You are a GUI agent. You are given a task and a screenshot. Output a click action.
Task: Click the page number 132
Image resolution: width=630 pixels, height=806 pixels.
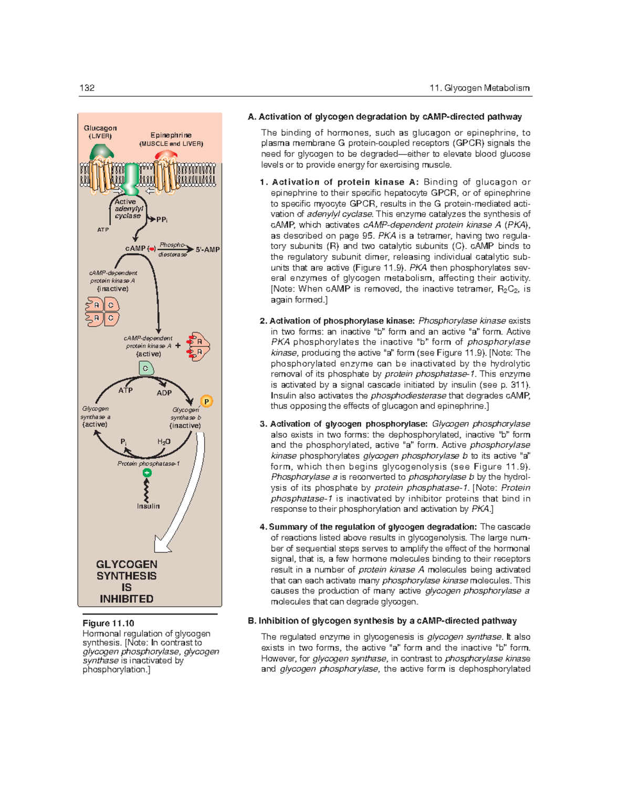click(x=87, y=88)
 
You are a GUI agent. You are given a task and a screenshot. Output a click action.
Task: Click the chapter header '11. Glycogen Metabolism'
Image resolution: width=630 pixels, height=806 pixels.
click(x=479, y=88)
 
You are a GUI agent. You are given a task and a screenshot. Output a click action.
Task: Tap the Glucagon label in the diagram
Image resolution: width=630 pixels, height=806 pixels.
click(x=100, y=128)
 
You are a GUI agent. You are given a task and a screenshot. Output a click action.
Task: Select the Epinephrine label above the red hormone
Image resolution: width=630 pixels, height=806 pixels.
click(x=171, y=135)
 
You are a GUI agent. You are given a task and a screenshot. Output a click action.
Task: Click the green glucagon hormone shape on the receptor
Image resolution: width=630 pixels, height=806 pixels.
click(x=101, y=152)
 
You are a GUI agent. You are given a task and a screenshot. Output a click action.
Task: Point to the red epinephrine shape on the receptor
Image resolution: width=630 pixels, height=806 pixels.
click(x=166, y=155)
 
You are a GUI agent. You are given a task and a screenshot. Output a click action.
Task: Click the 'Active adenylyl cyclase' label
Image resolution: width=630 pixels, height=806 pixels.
click(x=128, y=209)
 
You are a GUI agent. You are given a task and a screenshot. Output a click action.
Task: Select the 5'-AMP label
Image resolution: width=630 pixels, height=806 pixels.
click(x=207, y=250)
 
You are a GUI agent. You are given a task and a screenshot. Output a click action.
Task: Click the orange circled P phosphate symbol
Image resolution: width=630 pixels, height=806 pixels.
click(x=207, y=402)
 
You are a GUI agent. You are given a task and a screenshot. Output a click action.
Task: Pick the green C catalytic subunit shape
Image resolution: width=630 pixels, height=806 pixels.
click(x=146, y=369)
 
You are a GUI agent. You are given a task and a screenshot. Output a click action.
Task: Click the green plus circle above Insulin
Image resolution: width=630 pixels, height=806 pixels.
click(x=148, y=473)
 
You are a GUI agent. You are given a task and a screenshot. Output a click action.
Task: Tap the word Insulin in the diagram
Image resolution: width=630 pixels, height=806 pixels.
click(x=148, y=506)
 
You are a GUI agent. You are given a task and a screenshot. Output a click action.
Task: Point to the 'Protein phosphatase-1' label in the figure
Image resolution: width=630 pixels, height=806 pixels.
click(x=149, y=464)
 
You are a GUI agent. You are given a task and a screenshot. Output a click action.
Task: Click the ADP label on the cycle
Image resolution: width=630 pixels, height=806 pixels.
click(x=164, y=393)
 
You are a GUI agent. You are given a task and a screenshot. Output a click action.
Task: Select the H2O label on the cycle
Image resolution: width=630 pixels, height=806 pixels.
click(x=164, y=442)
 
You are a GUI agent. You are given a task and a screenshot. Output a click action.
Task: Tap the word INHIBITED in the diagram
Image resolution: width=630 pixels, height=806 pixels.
click(x=127, y=599)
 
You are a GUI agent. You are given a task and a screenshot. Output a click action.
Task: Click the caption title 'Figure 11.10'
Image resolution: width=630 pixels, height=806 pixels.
click(x=108, y=623)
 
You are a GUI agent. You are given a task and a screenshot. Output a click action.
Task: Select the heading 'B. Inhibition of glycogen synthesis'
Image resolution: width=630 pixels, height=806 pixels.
click(x=382, y=621)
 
